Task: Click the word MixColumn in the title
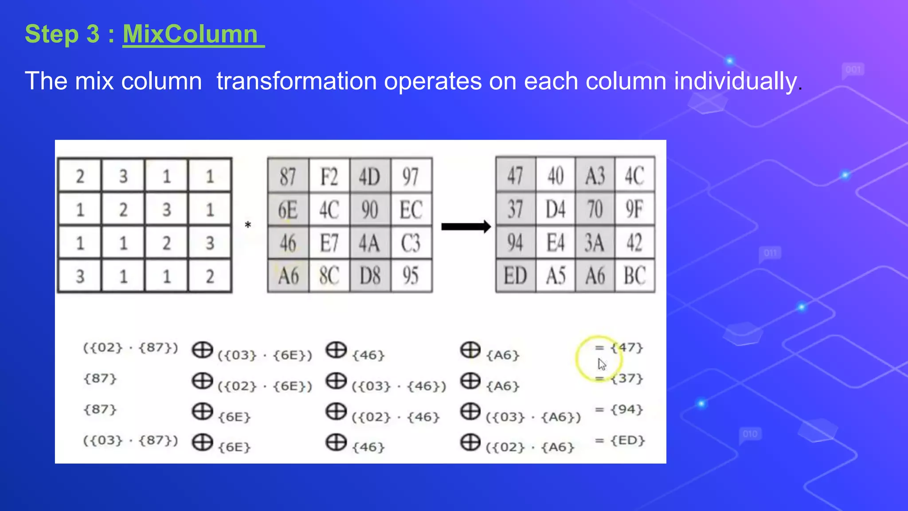click(x=190, y=34)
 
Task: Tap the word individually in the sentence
click(x=736, y=81)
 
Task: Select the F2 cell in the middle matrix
click(x=329, y=176)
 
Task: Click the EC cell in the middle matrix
click(x=411, y=209)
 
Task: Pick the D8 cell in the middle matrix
click(x=370, y=276)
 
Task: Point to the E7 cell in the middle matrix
click(x=329, y=243)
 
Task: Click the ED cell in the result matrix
click(x=515, y=276)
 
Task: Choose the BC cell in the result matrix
click(x=634, y=276)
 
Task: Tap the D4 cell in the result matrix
click(x=555, y=209)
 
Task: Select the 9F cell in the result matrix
click(x=634, y=209)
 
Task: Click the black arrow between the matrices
click(x=466, y=227)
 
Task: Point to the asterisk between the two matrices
click(x=248, y=226)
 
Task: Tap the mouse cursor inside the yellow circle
click(x=601, y=364)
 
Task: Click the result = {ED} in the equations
click(x=620, y=440)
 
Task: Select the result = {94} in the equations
click(x=619, y=409)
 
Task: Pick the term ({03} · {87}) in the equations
click(x=130, y=440)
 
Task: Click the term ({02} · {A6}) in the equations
click(x=530, y=447)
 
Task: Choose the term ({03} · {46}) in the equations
click(x=399, y=386)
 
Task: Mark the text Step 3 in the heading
click(x=62, y=34)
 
